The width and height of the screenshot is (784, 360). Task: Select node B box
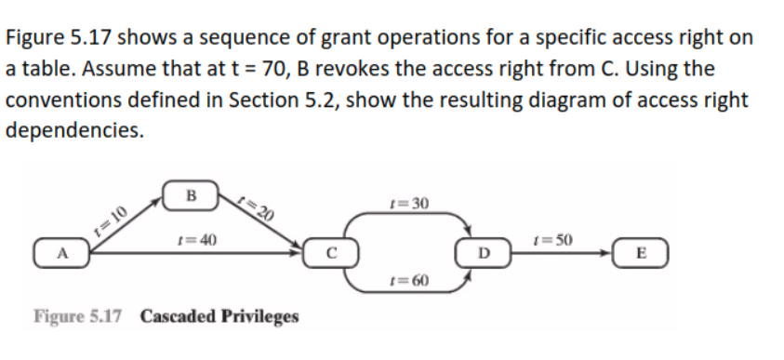tap(193, 195)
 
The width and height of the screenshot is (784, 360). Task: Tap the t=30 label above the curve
tap(409, 203)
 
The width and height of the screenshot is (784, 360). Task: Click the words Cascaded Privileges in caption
tap(219, 317)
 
